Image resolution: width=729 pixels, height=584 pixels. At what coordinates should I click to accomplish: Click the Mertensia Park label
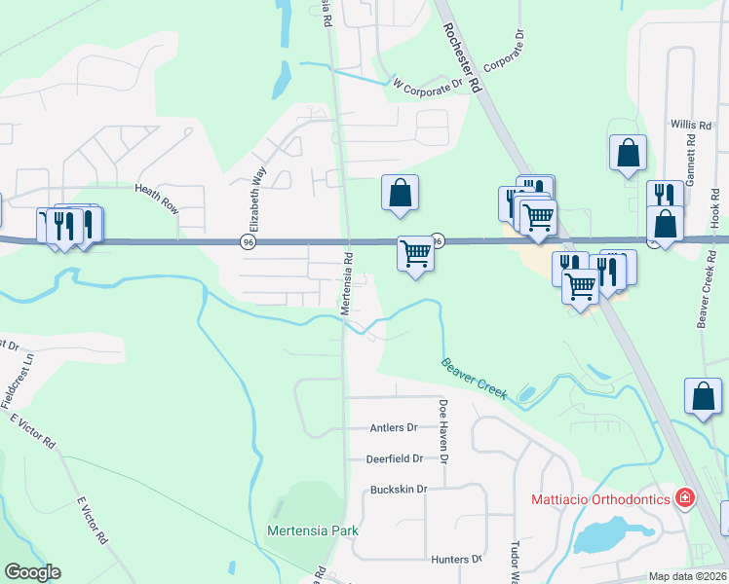[x=313, y=530]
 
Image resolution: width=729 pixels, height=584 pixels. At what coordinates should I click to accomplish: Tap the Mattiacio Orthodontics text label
[x=600, y=499]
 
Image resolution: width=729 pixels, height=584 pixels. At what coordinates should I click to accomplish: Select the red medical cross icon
[x=685, y=498]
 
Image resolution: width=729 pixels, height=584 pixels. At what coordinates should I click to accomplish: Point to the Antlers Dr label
[x=394, y=427]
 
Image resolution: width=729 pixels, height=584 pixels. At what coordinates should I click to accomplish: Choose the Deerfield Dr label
[x=394, y=458]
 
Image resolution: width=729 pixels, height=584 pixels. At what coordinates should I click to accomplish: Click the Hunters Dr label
[x=456, y=560]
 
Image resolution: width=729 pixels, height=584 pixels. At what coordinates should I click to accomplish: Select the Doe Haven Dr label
[x=443, y=430]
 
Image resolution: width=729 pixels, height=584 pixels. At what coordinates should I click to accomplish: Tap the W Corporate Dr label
[x=426, y=86]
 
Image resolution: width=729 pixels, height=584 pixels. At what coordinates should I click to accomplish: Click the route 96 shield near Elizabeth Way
[x=249, y=241]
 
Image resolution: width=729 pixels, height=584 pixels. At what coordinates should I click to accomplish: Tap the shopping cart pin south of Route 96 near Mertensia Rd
[x=416, y=255]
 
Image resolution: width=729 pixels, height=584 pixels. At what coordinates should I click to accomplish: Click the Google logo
[x=32, y=572]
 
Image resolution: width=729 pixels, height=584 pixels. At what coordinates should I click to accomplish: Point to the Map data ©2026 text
[x=687, y=576]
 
